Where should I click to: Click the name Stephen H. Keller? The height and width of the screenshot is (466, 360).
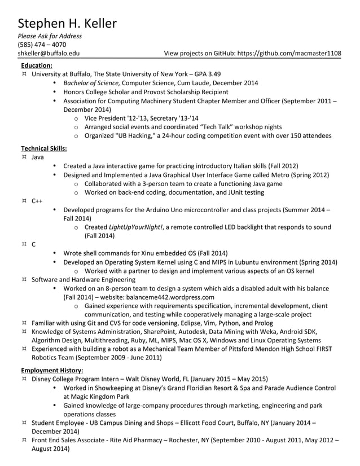coord(67,23)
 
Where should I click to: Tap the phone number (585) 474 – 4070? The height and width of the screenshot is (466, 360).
coord(42,45)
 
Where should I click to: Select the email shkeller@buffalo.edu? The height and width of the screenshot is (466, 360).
coord(49,54)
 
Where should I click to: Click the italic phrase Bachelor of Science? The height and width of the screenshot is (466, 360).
coord(91,83)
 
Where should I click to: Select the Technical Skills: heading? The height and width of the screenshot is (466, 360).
coord(44,148)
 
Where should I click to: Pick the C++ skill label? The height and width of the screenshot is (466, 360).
coord(37,201)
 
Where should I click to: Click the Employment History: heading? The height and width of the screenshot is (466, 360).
coord(52,370)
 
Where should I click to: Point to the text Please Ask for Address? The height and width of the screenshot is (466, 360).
coord(50,36)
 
